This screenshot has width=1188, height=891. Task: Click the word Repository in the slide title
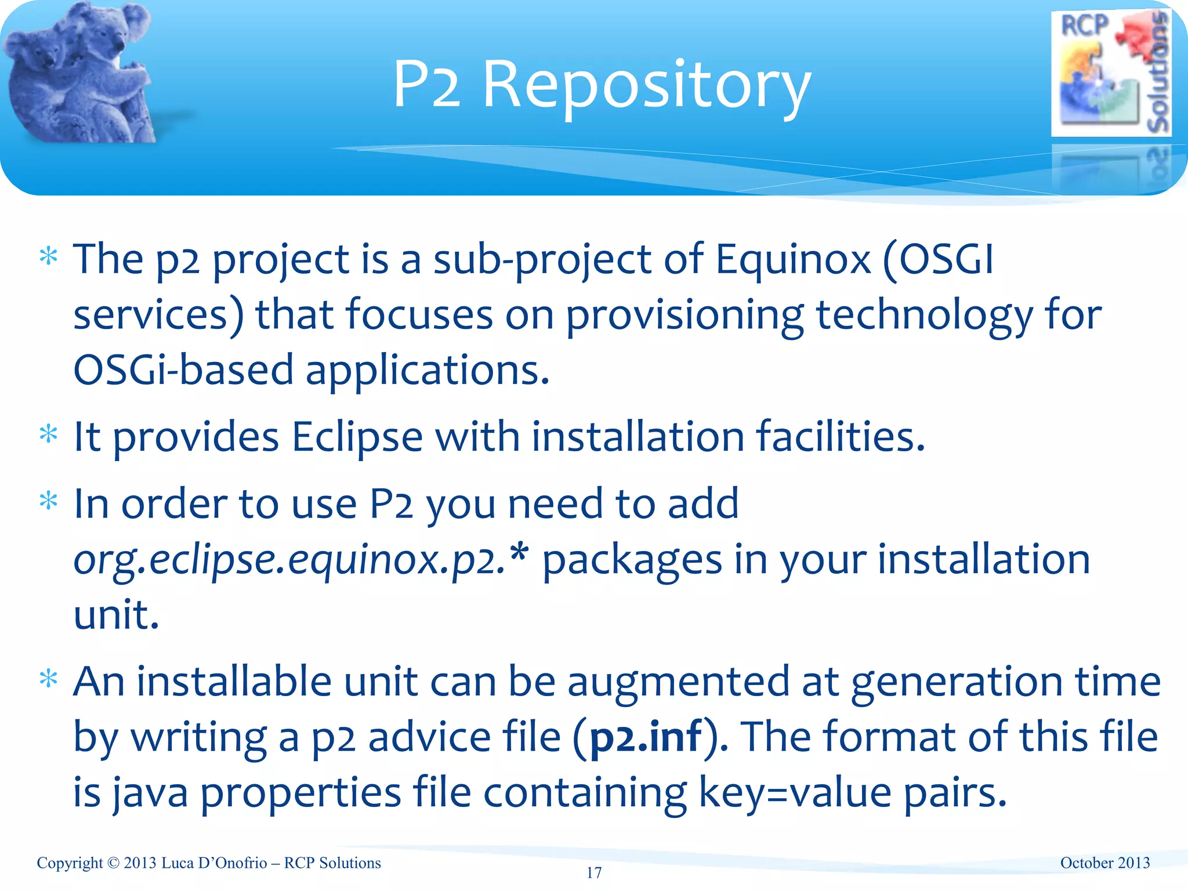click(646, 86)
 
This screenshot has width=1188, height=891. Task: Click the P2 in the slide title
click(427, 86)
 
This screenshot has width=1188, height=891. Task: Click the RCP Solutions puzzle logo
click(1110, 74)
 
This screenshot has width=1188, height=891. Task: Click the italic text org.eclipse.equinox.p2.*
click(301, 560)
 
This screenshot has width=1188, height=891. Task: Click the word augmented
click(678, 682)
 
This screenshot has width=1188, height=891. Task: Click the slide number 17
click(594, 873)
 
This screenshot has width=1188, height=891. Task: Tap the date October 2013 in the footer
click(1104, 863)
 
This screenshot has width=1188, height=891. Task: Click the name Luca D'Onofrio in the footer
click(214, 863)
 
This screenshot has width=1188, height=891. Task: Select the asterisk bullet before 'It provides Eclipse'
click(49, 434)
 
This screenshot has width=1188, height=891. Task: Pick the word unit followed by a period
click(116, 615)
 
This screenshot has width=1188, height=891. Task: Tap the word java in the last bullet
click(150, 793)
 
